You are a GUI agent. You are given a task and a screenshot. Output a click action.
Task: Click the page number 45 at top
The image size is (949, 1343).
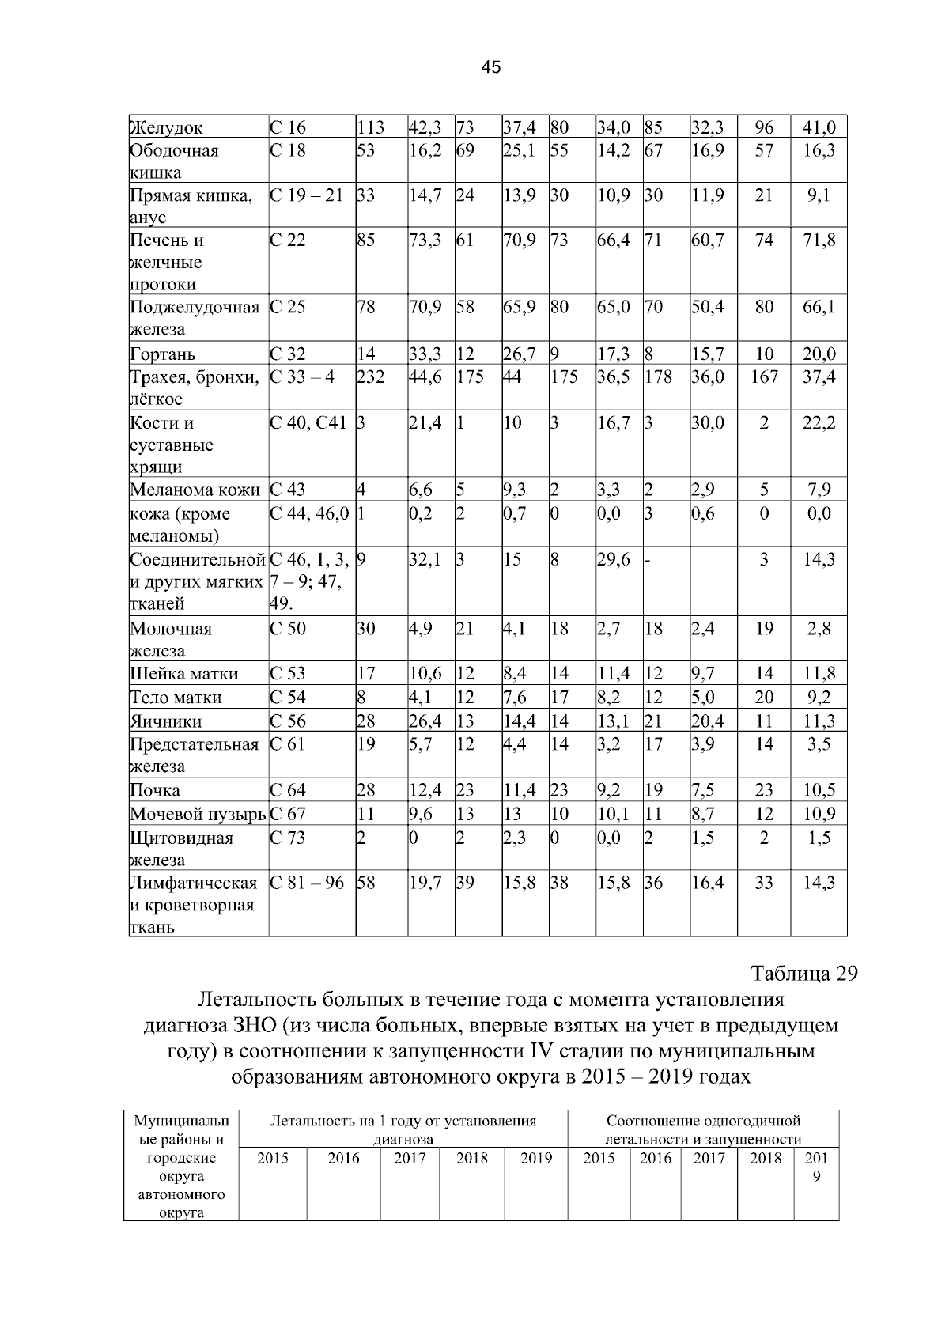pyautogui.click(x=490, y=68)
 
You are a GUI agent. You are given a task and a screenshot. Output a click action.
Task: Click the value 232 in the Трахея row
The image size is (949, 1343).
pyautogui.click(x=371, y=377)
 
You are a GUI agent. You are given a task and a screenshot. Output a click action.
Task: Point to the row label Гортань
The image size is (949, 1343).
pyautogui.click(x=162, y=354)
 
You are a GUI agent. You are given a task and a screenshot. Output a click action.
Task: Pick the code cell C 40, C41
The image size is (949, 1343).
pyautogui.click(x=308, y=423)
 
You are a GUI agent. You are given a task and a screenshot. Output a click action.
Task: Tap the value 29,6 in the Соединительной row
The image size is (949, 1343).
pyautogui.click(x=613, y=560)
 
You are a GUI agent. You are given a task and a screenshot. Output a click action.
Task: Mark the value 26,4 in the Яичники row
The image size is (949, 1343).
pyautogui.click(x=425, y=721)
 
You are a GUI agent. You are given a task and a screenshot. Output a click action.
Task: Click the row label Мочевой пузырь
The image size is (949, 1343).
pyautogui.click(x=197, y=814)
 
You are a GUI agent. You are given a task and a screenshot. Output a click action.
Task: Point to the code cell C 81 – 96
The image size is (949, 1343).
pyautogui.click(x=307, y=883)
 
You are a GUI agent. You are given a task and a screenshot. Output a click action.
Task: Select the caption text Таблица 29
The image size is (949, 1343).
pyautogui.click(x=803, y=974)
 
